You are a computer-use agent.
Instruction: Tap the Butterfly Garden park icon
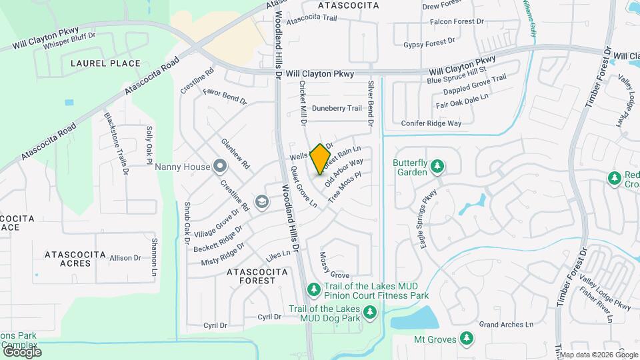[x=437, y=165]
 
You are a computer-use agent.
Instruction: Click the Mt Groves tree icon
[x=466, y=339]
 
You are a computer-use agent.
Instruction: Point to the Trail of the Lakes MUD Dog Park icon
[x=369, y=311]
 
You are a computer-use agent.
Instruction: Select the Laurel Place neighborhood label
[x=105, y=63]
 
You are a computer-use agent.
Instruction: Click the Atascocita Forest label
[x=257, y=276]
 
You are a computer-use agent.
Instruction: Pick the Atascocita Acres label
[x=67, y=259]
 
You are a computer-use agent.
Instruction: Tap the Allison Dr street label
[x=125, y=258]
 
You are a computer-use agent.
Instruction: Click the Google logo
[x=21, y=351]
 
